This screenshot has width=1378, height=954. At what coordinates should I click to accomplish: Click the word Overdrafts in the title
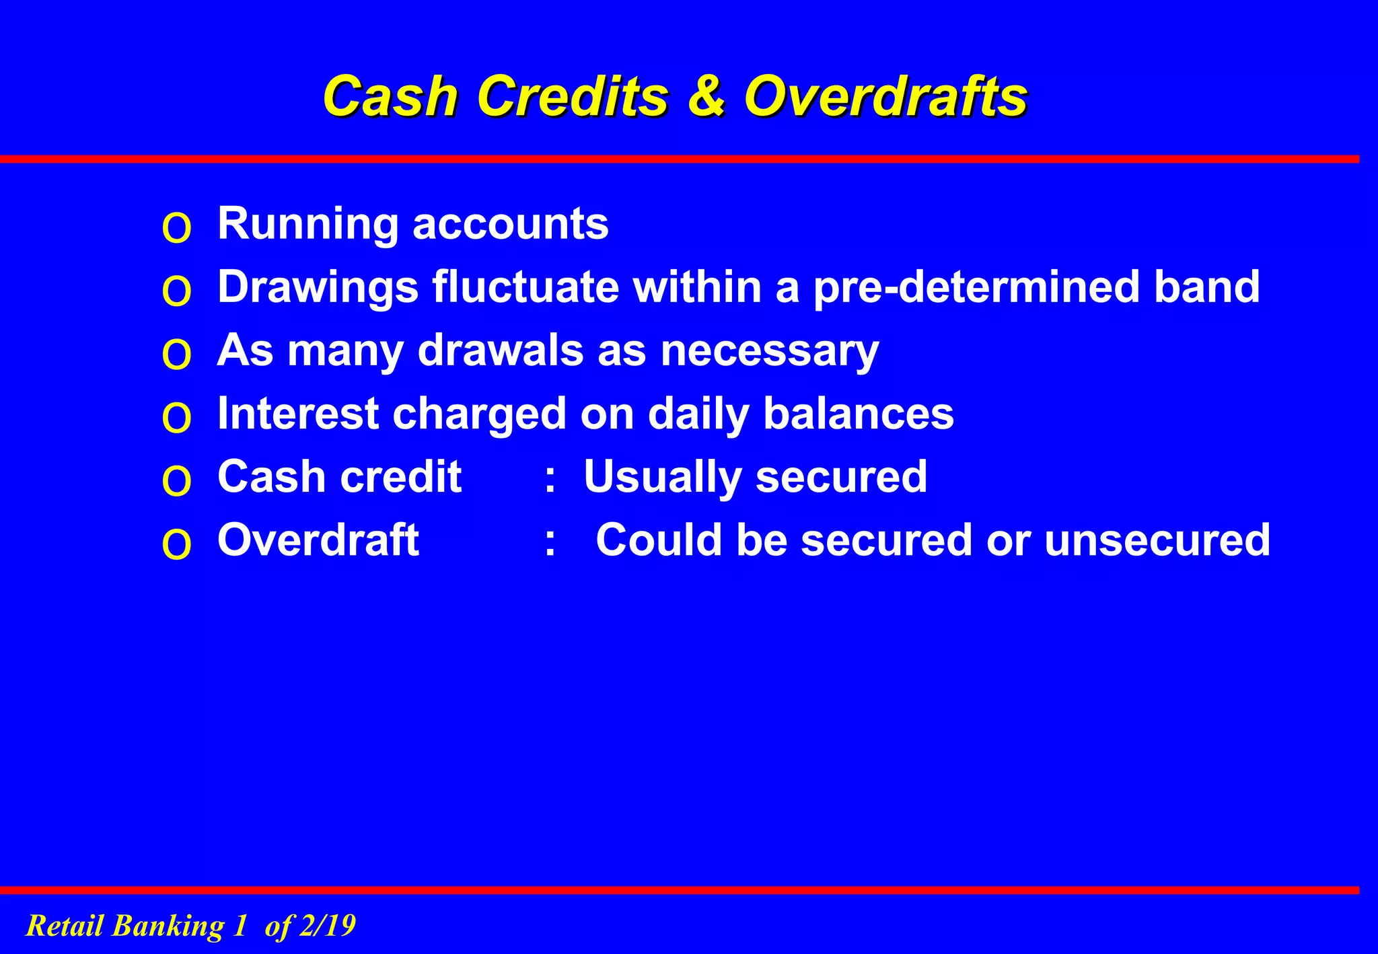tap(885, 96)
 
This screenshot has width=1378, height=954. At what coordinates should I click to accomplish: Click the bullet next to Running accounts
tap(177, 229)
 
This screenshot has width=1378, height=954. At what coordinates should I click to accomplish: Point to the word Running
tap(308, 225)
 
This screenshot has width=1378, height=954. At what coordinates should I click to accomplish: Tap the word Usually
tap(663, 478)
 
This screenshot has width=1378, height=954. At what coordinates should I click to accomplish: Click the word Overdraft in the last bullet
tap(318, 540)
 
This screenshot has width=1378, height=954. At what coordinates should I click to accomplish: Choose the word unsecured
tap(1157, 540)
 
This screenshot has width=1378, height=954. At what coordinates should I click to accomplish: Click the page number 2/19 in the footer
tap(327, 926)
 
